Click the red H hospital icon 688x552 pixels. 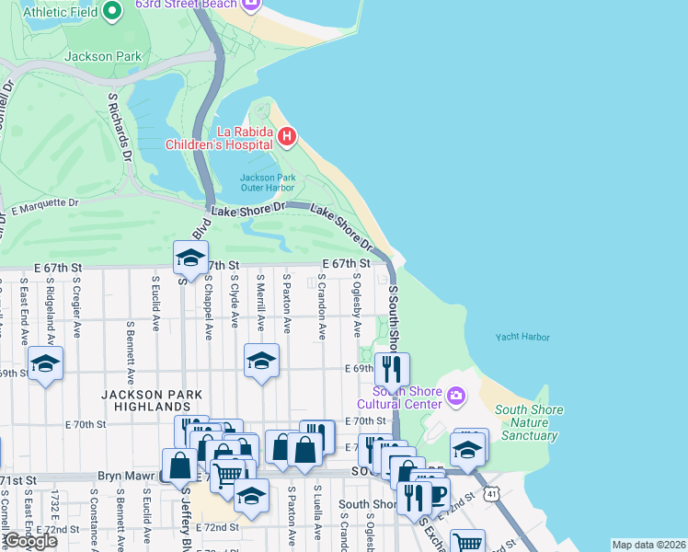point(287,137)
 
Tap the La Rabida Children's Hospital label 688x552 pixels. point(219,137)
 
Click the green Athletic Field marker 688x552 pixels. point(113,11)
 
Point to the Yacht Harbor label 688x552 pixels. point(522,338)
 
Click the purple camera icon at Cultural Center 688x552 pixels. point(456,396)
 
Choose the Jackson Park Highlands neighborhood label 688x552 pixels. point(145,399)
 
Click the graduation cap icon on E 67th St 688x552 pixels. point(190,258)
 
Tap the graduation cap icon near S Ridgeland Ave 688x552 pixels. point(45,363)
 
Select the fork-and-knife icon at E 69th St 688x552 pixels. point(392,369)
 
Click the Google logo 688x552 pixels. point(30,541)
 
